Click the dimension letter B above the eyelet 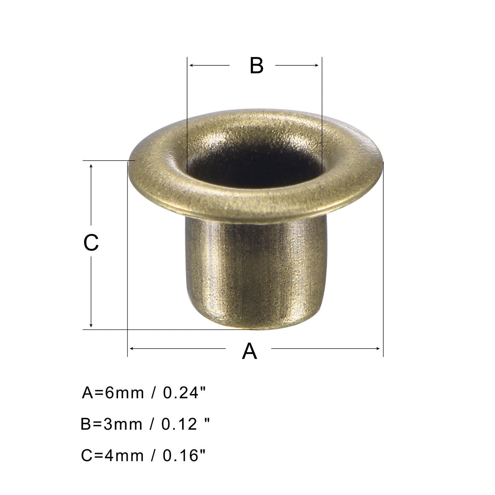click(x=256, y=66)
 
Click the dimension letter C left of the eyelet click(x=91, y=243)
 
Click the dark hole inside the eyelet click(x=255, y=170)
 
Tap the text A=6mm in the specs click(x=113, y=393)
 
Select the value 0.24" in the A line click(x=184, y=393)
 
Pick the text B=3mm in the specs click(x=111, y=424)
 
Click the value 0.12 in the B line click(x=179, y=424)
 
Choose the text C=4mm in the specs click(x=112, y=456)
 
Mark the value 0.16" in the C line click(x=184, y=456)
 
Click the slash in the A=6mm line click(x=153, y=393)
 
